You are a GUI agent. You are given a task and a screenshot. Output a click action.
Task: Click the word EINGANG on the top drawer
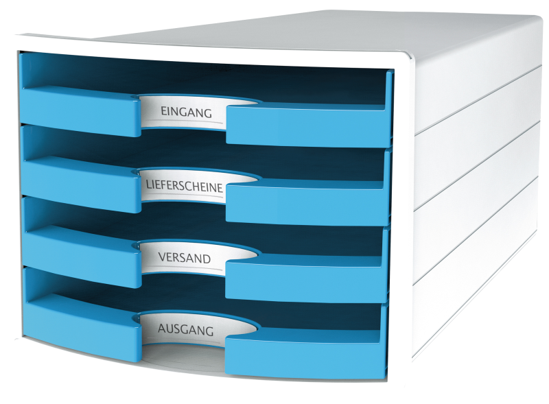[186, 112]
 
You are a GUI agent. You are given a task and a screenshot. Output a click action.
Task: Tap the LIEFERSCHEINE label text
[184, 187]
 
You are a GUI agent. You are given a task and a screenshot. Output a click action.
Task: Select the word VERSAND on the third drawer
[185, 258]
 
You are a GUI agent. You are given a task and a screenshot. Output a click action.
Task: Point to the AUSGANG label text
[185, 330]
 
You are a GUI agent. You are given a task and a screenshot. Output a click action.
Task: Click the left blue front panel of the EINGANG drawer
[80, 108]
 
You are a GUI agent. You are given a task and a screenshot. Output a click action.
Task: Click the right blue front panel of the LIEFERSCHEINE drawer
[307, 202]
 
